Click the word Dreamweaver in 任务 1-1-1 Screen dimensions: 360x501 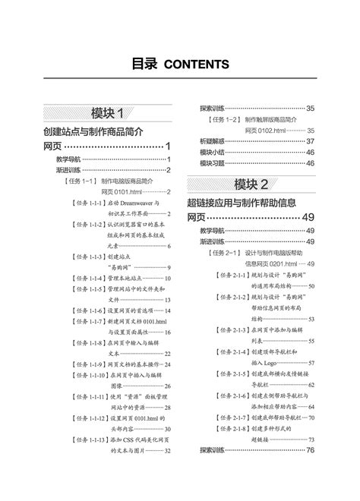(136, 203)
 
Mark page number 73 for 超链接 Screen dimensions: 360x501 (311, 440)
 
